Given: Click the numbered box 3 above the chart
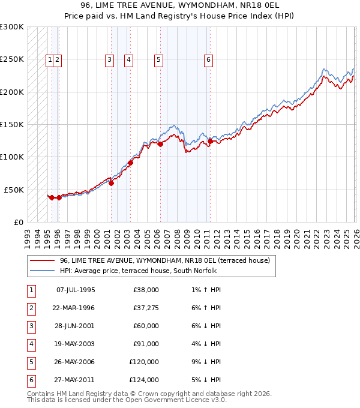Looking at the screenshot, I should pyautogui.click(x=109, y=59).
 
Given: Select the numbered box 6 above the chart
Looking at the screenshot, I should pyautogui.click(x=208, y=59).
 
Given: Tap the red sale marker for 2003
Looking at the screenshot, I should pyautogui.click(x=130, y=163).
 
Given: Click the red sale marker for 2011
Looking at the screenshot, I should pyautogui.click(x=210, y=142).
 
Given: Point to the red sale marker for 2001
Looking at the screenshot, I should pyautogui.click(x=112, y=183).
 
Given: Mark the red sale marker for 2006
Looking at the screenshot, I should pyautogui.click(x=160, y=144).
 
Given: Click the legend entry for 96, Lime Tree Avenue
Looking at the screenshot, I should pyautogui.click(x=165, y=260).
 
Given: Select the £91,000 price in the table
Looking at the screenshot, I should pyautogui.click(x=146, y=344).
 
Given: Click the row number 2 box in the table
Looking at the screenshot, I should pyautogui.click(x=30, y=308).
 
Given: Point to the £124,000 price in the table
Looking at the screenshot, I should pyautogui.click(x=144, y=380).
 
